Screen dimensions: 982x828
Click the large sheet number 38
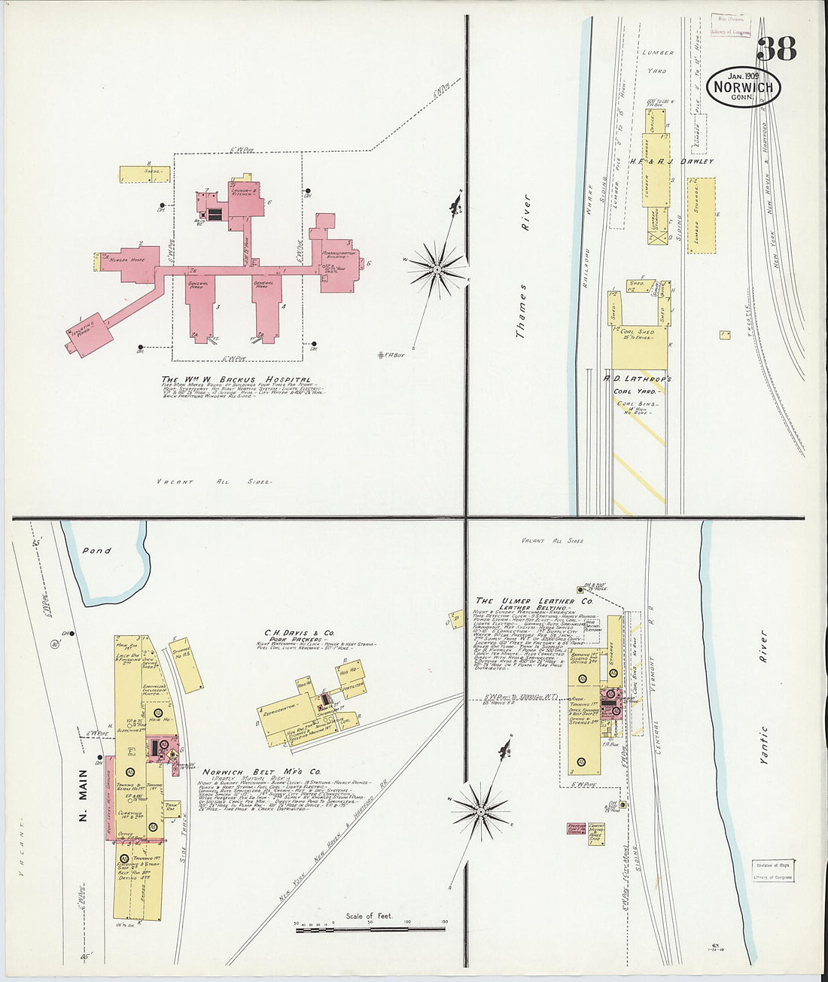776,49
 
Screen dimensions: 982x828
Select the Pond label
97,551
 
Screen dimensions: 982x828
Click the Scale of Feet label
370,916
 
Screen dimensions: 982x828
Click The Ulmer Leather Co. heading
534,601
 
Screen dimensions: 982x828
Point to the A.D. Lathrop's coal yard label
637,379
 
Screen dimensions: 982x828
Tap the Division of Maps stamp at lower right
772,871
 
